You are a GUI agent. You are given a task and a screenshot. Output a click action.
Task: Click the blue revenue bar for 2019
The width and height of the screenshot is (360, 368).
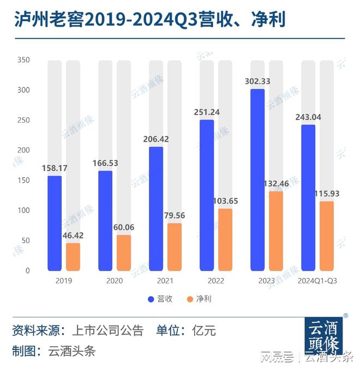click(55, 223)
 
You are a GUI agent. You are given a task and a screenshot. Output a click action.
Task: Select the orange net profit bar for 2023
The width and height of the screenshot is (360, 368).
click(276, 231)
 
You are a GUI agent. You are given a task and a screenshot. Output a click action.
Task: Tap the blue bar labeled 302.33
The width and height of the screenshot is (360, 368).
click(257, 180)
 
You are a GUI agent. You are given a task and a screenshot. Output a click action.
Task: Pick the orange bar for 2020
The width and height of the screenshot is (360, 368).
click(124, 252)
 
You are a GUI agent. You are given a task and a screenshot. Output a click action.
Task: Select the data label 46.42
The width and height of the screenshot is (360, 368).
click(73, 236)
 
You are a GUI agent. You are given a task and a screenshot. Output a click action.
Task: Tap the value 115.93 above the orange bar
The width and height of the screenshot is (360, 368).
click(326, 194)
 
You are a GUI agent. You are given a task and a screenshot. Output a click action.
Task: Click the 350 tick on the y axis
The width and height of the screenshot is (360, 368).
click(25, 60)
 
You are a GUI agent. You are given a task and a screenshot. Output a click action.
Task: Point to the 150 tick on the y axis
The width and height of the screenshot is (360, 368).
click(25, 180)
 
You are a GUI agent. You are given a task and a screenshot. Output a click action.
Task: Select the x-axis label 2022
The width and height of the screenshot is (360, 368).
click(216, 281)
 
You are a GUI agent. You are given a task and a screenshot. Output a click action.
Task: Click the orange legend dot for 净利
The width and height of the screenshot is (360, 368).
click(190, 299)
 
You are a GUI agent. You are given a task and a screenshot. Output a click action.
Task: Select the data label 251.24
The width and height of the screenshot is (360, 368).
click(207, 112)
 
